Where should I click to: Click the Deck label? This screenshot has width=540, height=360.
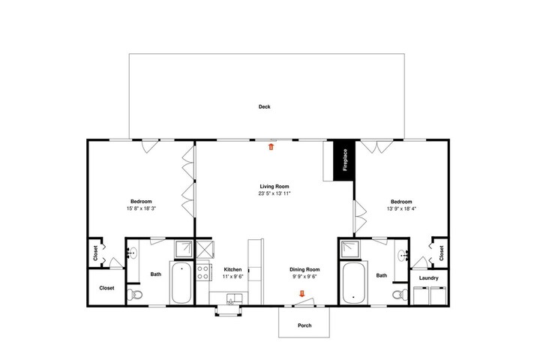pos(264,106)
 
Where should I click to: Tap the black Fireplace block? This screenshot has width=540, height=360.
pos(344,160)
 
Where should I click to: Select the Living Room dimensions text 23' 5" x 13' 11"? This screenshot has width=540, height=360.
pos(274,193)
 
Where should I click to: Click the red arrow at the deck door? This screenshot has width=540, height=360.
pos(271,147)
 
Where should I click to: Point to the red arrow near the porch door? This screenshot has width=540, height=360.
pos(302,293)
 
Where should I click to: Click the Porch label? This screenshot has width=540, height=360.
pos(304,325)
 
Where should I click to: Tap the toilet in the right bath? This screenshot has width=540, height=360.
pos(400,295)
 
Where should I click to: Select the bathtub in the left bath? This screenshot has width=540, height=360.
pos(181,283)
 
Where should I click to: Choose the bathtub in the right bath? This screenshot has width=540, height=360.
pos(354,283)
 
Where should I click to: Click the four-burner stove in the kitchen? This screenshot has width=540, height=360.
pos(202,271)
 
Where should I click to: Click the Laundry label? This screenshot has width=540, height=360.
pos(429,278)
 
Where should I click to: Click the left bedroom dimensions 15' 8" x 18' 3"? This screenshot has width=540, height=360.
pos(141,208)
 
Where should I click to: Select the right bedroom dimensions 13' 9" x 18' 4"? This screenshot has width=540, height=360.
pos(401,208)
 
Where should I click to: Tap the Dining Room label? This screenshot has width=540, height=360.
pos(304,270)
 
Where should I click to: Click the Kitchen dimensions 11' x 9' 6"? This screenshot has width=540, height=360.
pos(232,276)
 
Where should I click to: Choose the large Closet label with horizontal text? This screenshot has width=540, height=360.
pos(106,288)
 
